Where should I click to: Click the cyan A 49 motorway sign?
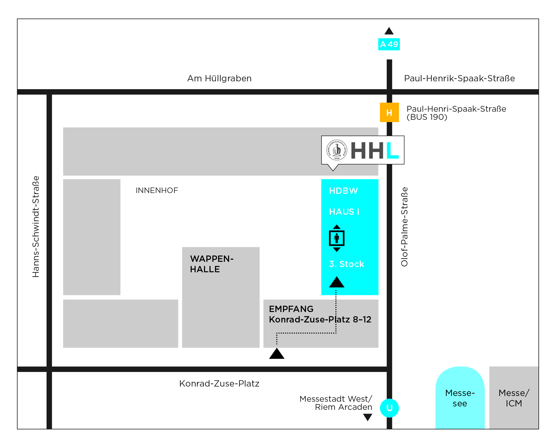click(x=389, y=44)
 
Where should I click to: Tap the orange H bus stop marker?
click(x=389, y=112)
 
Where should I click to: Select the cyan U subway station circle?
click(x=389, y=408)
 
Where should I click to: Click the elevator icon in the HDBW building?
click(x=337, y=238)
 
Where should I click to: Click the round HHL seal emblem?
click(x=337, y=150)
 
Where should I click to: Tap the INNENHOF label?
click(x=157, y=190)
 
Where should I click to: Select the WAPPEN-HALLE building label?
click(x=212, y=264)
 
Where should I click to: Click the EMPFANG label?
click(x=291, y=309)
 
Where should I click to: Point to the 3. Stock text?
click(x=347, y=264)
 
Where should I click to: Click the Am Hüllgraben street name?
click(x=219, y=78)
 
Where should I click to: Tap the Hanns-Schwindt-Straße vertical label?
click(x=36, y=226)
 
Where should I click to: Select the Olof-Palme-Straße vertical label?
click(x=404, y=227)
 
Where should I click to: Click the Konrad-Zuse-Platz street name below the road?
click(x=219, y=383)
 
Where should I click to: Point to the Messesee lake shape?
click(x=460, y=398)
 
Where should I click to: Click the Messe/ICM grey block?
click(x=514, y=398)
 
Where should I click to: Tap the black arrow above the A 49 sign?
click(x=389, y=31)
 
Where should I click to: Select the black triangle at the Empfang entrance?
click(x=277, y=353)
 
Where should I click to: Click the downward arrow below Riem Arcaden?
click(x=368, y=417)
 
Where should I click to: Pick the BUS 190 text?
click(x=427, y=117)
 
